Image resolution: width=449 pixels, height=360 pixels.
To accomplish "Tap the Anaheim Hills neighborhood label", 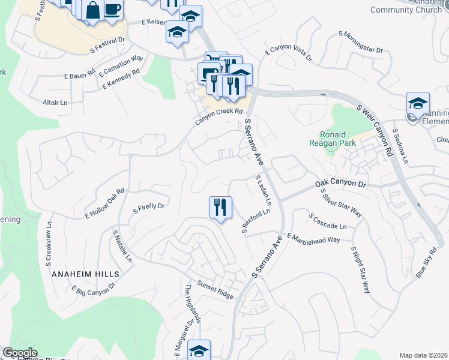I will click(x=86, y=274).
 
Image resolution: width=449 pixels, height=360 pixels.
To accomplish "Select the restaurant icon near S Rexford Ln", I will click(x=220, y=208).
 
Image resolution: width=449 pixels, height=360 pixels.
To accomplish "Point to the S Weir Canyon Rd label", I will click(x=375, y=130).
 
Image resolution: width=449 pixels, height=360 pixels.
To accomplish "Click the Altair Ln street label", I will click(x=55, y=103).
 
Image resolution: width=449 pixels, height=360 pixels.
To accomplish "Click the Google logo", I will click(x=20, y=353).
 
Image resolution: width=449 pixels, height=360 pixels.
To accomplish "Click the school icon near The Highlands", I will click(x=199, y=350).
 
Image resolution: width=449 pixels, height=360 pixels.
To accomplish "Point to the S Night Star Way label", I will click(x=360, y=269).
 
